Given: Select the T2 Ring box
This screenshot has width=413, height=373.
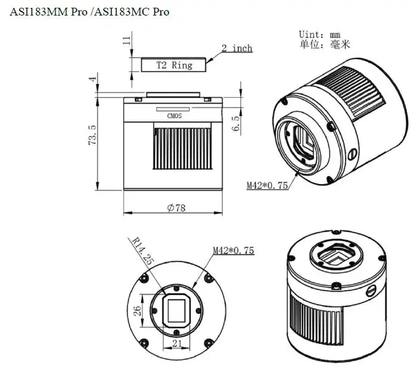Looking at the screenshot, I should (174, 65).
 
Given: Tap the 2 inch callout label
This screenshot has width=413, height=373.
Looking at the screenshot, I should (237, 48).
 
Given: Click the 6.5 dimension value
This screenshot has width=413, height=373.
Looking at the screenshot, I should (235, 123).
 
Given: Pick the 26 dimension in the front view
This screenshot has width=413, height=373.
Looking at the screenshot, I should (137, 310).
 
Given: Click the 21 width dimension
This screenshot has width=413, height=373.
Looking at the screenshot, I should (176, 343).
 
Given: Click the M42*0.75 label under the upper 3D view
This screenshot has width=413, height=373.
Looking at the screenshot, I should (268, 185).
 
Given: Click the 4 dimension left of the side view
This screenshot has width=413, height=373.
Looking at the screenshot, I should (92, 79).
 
